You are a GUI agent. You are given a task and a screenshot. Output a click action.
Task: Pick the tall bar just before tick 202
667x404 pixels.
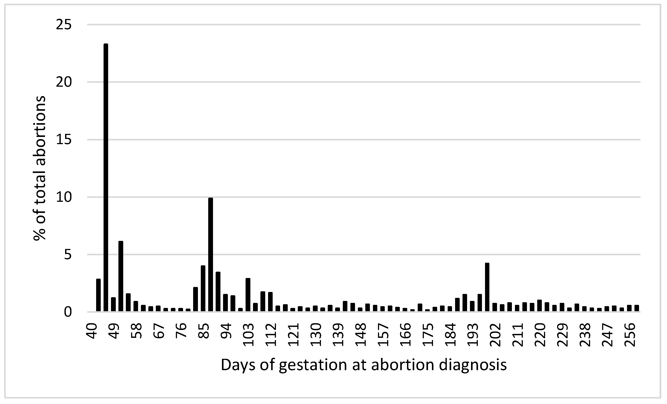487,287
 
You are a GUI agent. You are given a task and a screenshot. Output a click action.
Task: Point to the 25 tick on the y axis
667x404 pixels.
64,25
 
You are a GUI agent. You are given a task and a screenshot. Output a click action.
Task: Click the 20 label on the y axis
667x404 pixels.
64,82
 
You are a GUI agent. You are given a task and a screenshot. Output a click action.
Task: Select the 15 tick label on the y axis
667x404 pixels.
64,140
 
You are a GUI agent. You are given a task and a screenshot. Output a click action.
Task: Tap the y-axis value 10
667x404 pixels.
64,197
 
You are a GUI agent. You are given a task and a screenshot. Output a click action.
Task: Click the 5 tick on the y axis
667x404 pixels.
68,255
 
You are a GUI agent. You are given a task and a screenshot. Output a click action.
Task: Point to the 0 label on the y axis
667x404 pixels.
68,312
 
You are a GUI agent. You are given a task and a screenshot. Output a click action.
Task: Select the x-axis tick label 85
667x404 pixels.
205,331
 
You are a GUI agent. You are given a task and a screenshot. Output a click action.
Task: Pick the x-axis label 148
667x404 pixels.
361,335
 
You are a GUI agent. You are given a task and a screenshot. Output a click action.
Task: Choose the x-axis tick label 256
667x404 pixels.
630,335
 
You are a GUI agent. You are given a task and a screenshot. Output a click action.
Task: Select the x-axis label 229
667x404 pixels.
563,335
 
